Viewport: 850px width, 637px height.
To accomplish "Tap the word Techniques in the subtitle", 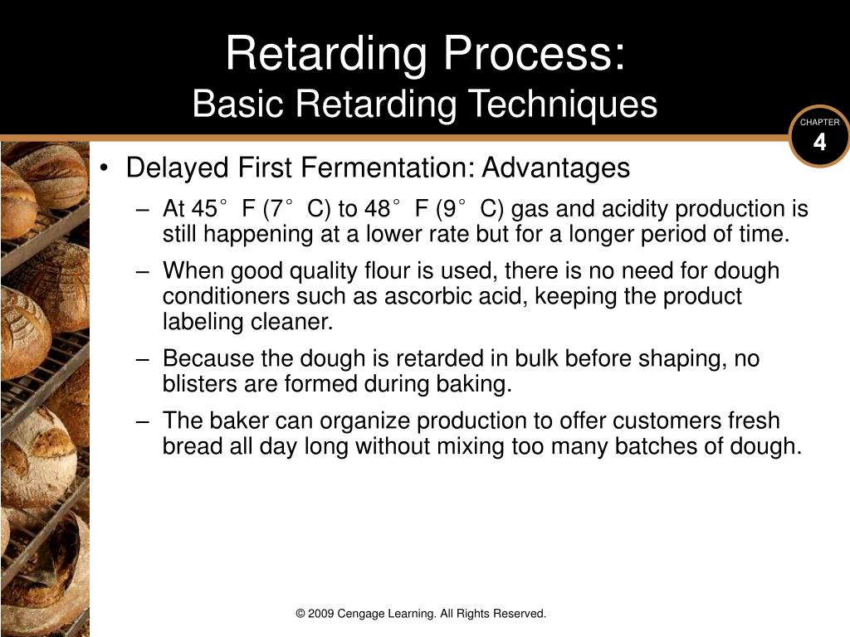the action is (x=563, y=104).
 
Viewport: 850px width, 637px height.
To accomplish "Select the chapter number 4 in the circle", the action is (x=819, y=143).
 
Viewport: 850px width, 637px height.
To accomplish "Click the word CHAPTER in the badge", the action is (x=819, y=123).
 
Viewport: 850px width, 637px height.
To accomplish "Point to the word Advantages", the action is (x=556, y=168).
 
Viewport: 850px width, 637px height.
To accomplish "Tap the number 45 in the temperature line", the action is (x=204, y=209).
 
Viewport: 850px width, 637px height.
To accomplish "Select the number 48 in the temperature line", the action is (x=378, y=209).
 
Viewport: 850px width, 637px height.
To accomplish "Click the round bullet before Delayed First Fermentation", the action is (x=104, y=168).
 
